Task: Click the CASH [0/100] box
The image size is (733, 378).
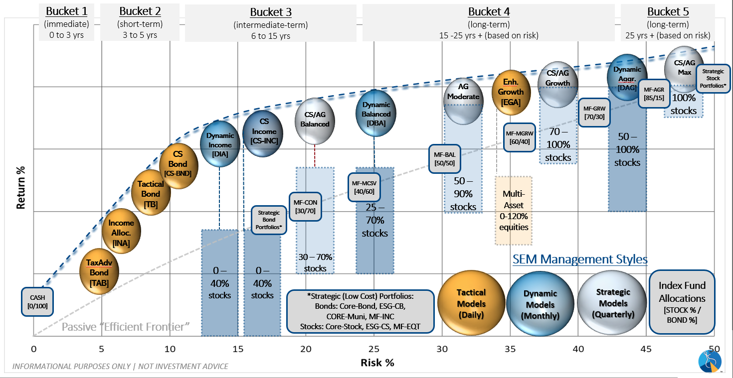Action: click(x=37, y=302)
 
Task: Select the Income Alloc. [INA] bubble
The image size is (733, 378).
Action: click(x=121, y=233)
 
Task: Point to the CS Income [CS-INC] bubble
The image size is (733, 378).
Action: click(x=263, y=131)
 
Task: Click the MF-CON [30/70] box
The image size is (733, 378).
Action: click(x=305, y=207)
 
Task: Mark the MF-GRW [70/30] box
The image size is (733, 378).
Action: click(x=593, y=112)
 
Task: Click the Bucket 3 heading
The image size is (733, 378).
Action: click(x=271, y=12)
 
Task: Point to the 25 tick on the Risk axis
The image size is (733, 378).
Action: click(x=374, y=349)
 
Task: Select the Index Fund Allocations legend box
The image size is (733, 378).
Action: click(x=682, y=302)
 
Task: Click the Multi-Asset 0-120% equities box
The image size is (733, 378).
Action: click(x=514, y=210)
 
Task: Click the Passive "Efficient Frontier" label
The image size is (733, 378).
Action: click(x=126, y=327)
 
